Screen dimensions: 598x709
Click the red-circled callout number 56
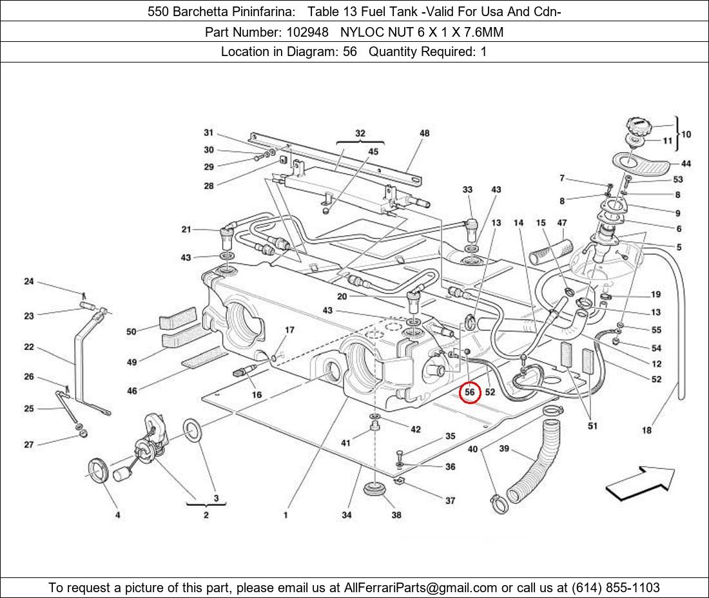pyautogui.click(x=470, y=392)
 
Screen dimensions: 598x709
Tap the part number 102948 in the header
pyautogui.click(x=307, y=32)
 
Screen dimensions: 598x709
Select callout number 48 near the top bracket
pyautogui.click(x=424, y=134)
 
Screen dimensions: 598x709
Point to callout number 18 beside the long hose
pyautogui.click(x=646, y=430)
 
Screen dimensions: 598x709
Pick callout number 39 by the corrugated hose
pyautogui.click(x=504, y=449)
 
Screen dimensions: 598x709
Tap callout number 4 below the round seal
pyautogui.click(x=117, y=515)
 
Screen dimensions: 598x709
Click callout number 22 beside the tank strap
pyautogui.click(x=29, y=347)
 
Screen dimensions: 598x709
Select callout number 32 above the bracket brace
pyautogui.click(x=360, y=133)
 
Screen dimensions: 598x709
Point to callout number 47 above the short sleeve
pyautogui.click(x=562, y=223)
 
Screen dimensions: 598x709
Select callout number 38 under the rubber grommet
pyautogui.click(x=396, y=515)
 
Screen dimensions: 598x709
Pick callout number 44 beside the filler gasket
pyautogui.click(x=686, y=164)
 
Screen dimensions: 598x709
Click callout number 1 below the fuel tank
pyautogui.click(x=285, y=515)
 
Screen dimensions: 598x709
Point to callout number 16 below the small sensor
pyautogui.click(x=257, y=394)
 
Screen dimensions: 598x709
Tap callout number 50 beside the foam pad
pyautogui.click(x=131, y=331)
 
